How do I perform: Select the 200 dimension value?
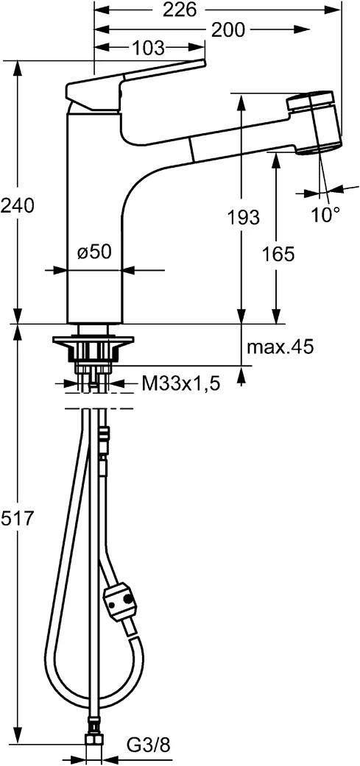228,29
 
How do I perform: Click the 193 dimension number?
243,217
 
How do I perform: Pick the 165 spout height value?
278,255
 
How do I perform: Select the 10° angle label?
325,215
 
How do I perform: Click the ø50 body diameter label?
94,252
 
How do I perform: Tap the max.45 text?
280,346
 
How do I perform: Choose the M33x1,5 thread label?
180,383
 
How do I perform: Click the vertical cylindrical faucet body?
94,213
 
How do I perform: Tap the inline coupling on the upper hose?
104,441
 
